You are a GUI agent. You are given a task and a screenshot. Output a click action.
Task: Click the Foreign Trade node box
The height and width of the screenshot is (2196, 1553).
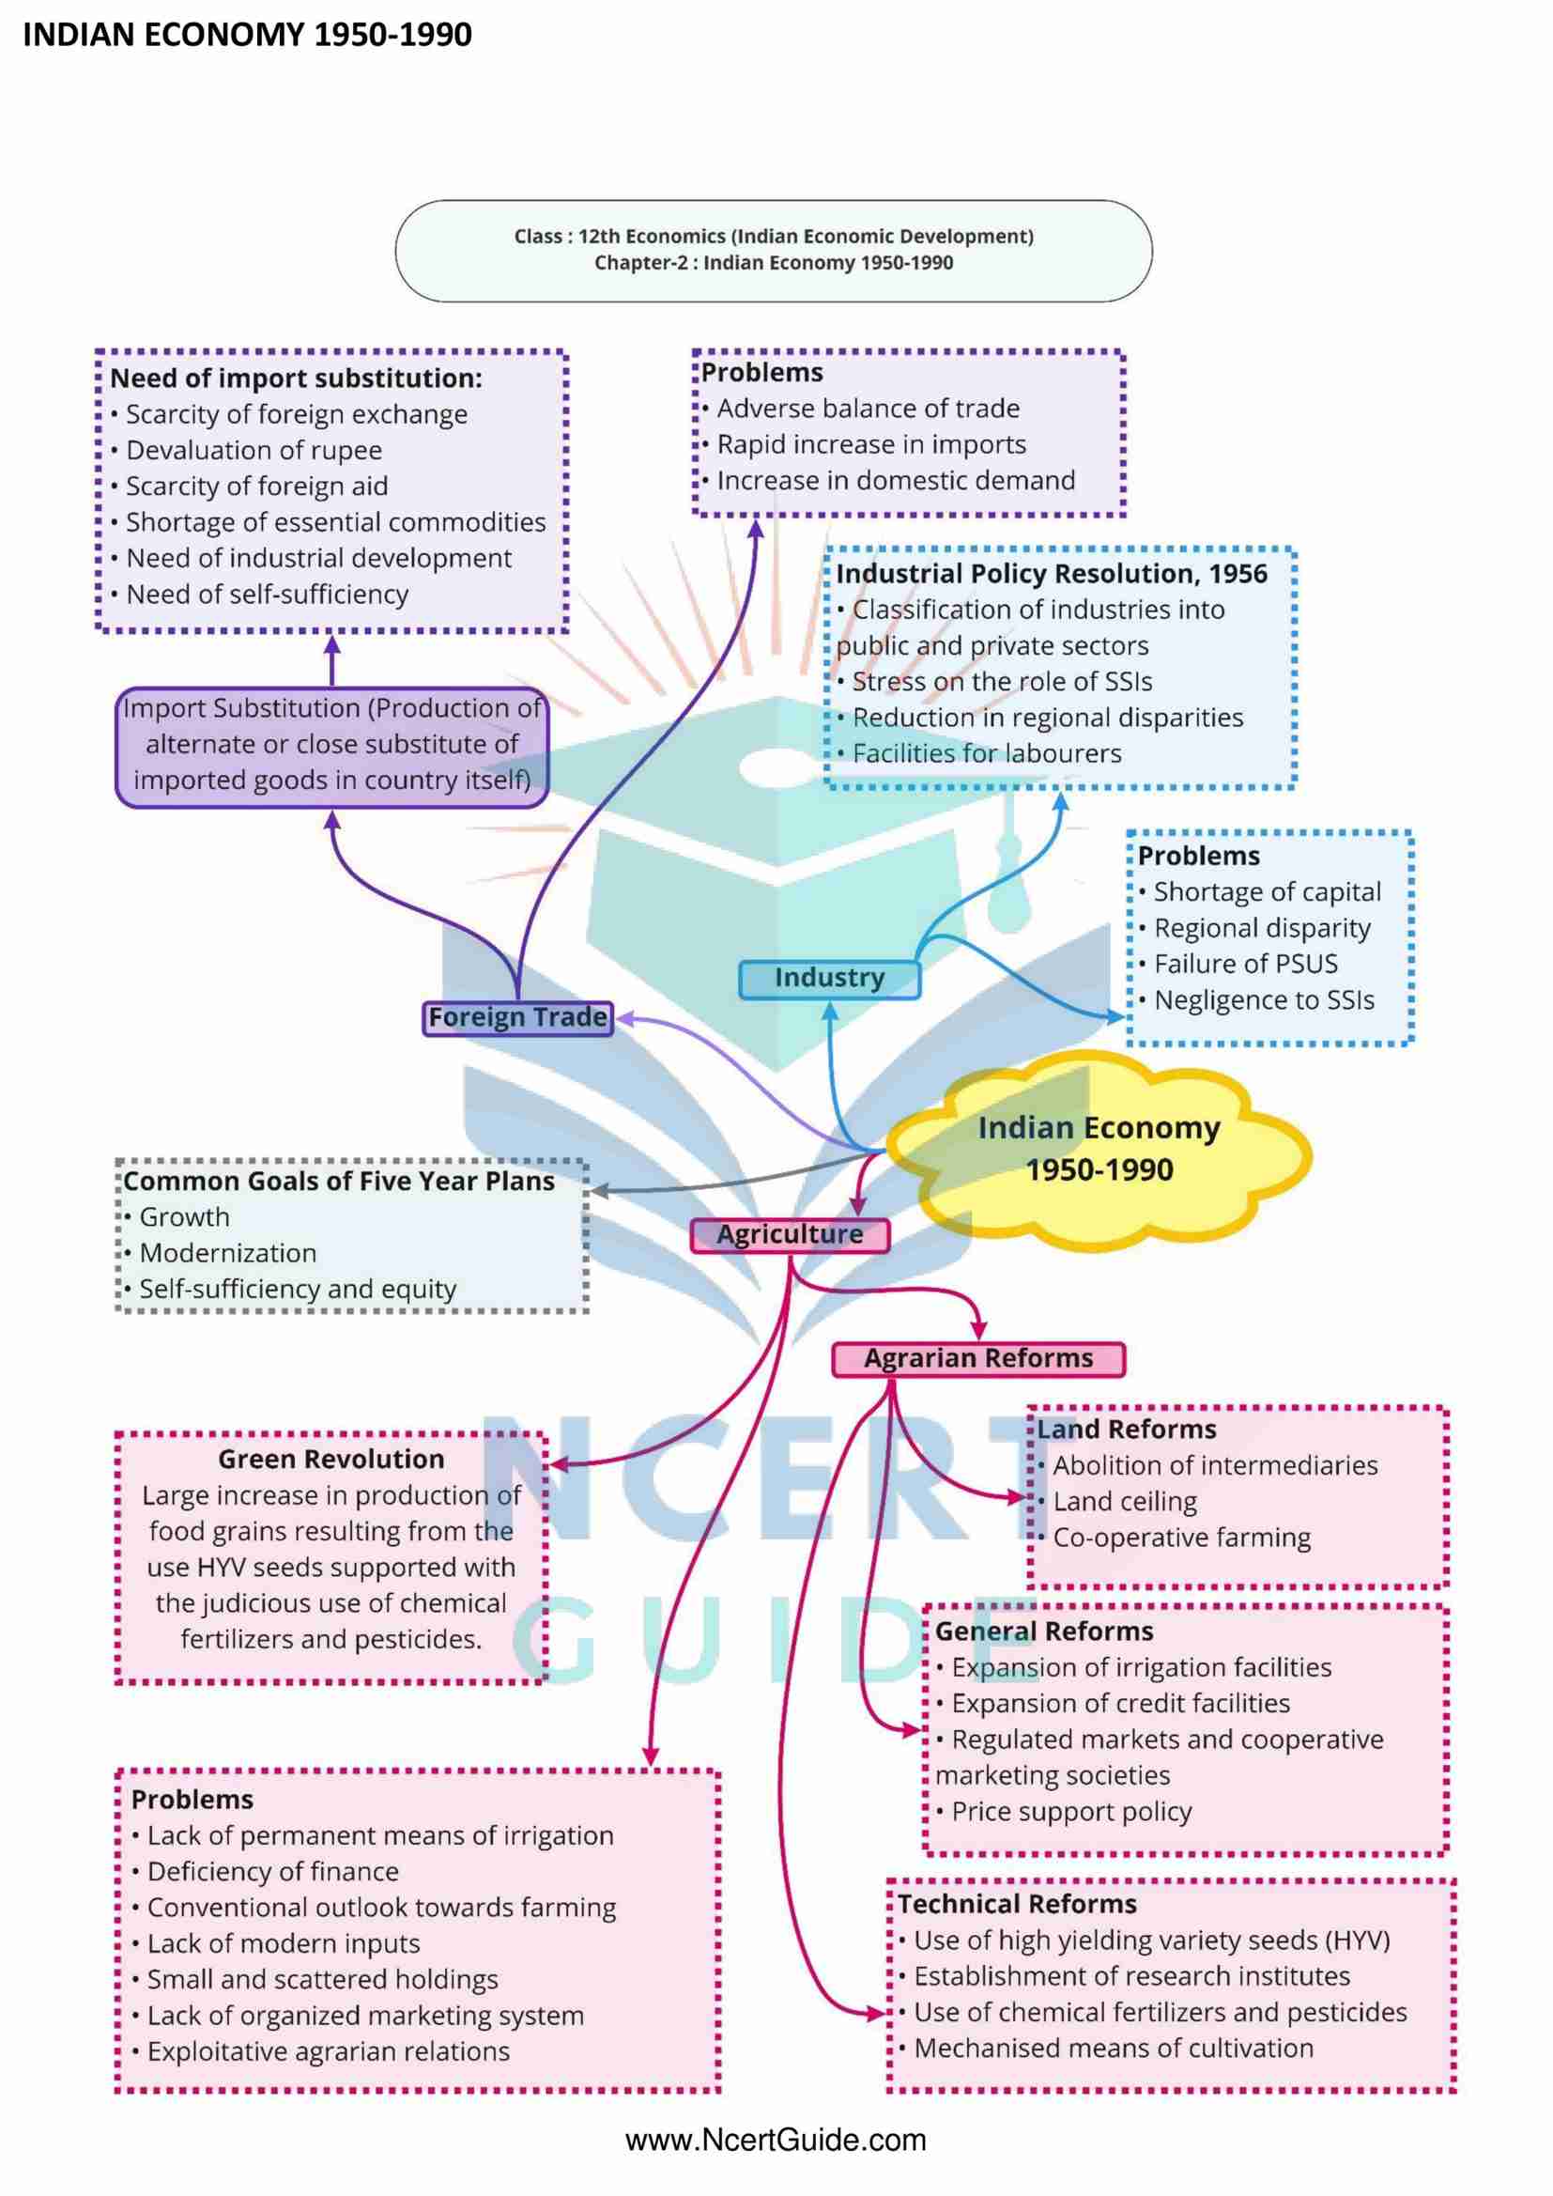[x=517, y=1017]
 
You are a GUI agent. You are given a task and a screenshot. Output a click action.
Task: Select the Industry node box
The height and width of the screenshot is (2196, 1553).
[x=829, y=979]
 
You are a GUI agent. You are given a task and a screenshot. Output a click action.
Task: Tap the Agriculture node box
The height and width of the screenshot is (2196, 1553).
[x=790, y=1235]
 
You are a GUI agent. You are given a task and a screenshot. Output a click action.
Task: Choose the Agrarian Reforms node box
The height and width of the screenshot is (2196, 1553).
[x=978, y=1359]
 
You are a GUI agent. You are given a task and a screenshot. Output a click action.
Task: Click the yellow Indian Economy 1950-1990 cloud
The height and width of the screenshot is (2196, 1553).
[x=1099, y=1149]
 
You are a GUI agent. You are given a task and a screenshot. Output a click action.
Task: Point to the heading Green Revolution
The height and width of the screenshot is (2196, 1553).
[x=331, y=1460]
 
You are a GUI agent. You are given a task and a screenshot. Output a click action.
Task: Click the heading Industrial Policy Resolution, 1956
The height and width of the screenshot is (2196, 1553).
[x=1051, y=574]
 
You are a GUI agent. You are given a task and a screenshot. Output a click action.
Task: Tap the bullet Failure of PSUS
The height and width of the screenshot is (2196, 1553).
[x=1245, y=964]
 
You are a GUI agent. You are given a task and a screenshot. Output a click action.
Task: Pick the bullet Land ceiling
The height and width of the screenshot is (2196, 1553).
[x=1125, y=1503]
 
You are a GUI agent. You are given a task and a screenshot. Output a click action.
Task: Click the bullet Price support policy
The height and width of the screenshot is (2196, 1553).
[x=1071, y=1813]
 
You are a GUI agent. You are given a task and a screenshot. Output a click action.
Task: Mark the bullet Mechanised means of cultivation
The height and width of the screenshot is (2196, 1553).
[x=1114, y=2049]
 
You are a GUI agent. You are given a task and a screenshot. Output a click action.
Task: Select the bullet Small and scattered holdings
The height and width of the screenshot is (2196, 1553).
[x=322, y=1980]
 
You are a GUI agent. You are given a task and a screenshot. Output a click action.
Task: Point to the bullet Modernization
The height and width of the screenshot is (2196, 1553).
[x=227, y=1254]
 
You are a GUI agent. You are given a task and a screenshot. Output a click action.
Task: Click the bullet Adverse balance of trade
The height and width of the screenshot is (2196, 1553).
[x=869, y=410]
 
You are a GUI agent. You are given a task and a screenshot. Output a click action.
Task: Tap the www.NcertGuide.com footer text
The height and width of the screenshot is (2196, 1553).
[x=776, y=2141]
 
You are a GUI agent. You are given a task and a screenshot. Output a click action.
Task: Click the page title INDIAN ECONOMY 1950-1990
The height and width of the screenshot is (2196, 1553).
[x=247, y=36]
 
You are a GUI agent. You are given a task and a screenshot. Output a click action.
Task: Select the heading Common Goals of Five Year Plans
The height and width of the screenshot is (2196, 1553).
[x=339, y=1183]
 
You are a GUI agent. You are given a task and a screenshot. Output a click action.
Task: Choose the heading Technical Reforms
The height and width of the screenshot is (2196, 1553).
[x=1017, y=1904]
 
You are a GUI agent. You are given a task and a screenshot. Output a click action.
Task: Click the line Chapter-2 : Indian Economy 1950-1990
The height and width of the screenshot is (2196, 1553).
[x=774, y=263]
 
